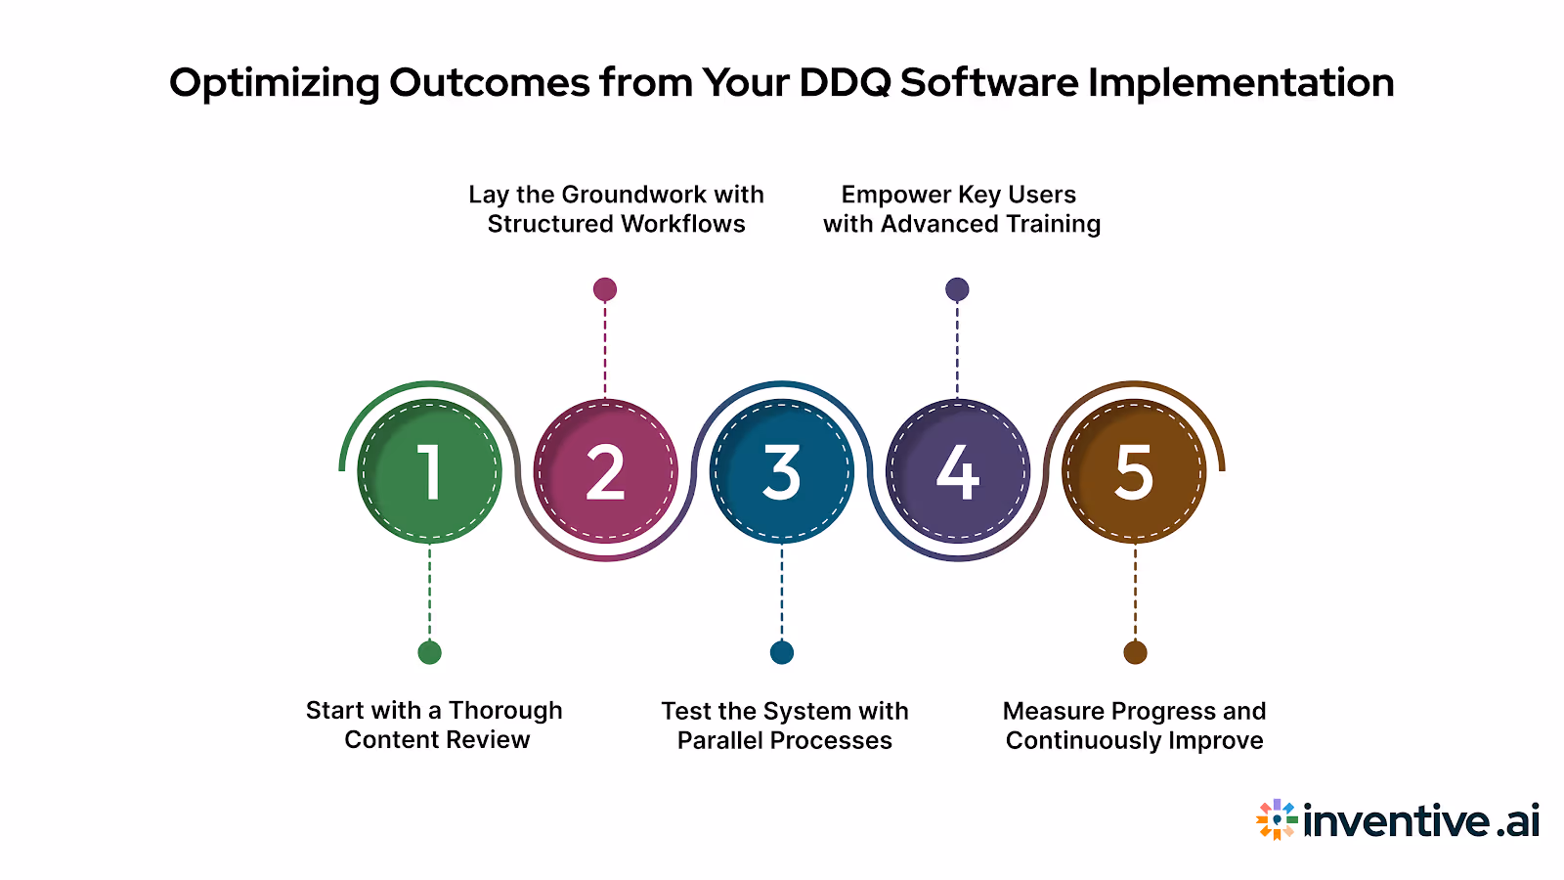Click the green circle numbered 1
pos(430,471)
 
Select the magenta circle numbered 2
pos(606,471)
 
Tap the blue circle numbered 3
pos(782,471)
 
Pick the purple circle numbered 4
pos(958,471)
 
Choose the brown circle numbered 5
pos(1134,471)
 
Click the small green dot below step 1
pos(429,652)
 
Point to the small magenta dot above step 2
pos(605,289)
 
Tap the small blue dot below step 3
pos(782,652)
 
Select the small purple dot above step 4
pos(957,289)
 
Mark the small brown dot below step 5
pos(1135,652)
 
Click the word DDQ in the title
pos(845,83)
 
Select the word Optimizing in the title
pos(274,83)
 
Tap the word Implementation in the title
pos(1240,83)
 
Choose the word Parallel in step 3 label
pos(719,740)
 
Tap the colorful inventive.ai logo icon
pos(1277,819)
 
